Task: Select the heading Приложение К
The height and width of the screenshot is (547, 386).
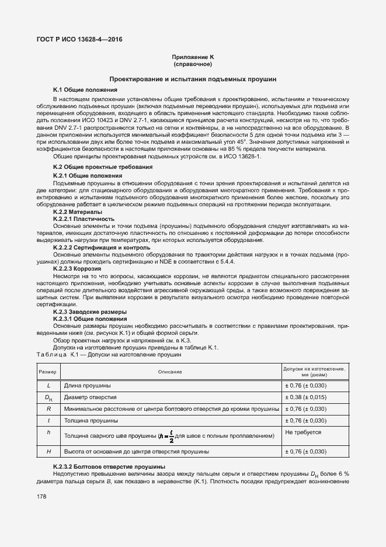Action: pyautogui.click(x=193, y=57)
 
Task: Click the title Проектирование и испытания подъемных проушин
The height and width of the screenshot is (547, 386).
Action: pyautogui.click(x=193, y=78)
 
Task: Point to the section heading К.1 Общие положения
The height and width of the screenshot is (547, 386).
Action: pyautogui.click(x=85, y=90)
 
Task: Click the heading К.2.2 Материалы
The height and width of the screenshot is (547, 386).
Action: pyautogui.click(x=78, y=212)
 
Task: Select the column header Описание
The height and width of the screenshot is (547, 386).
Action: pyautogui.click(x=169, y=372)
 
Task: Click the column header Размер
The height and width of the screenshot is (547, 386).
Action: pyautogui.click(x=48, y=372)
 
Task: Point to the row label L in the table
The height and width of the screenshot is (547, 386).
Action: pyautogui.click(x=48, y=386)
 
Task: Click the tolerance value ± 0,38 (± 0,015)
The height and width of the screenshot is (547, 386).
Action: pyautogui.click(x=305, y=397)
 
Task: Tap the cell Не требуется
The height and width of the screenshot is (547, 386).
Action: pyautogui.click(x=302, y=432)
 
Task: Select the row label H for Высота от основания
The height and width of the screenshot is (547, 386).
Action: pyautogui.click(x=48, y=452)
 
